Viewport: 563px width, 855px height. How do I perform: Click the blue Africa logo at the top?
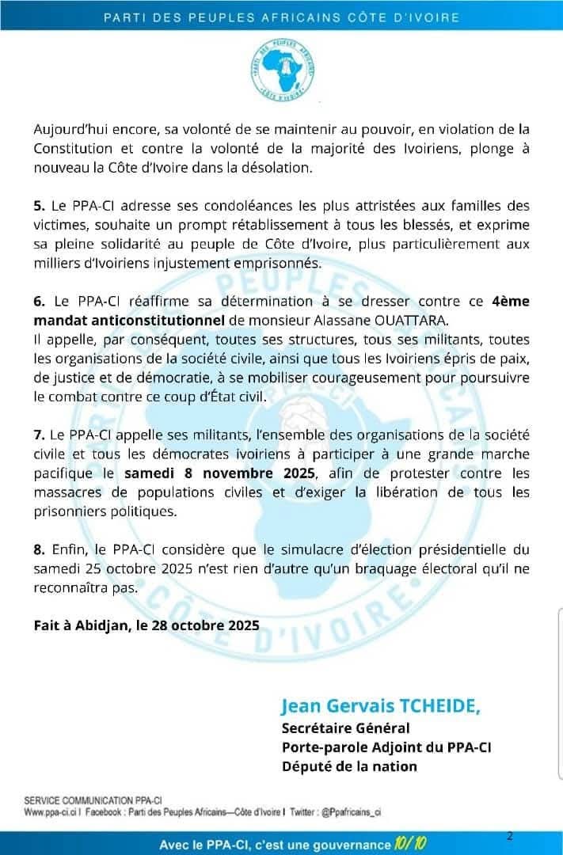click(280, 69)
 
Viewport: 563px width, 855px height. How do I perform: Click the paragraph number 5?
click(39, 206)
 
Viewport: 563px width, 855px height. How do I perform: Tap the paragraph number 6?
click(39, 302)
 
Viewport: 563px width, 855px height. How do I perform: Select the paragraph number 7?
click(39, 435)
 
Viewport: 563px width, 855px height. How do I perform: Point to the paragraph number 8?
click(39, 550)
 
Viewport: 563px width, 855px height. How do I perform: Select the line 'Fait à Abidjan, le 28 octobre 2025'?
click(146, 625)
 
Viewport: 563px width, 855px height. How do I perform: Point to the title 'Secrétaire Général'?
click(345, 728)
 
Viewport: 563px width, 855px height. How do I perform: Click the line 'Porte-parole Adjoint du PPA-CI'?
click(386, 747)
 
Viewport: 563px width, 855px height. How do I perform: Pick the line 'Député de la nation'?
click(349, 766)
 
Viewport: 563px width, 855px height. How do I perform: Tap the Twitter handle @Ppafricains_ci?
click(347, 812)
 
